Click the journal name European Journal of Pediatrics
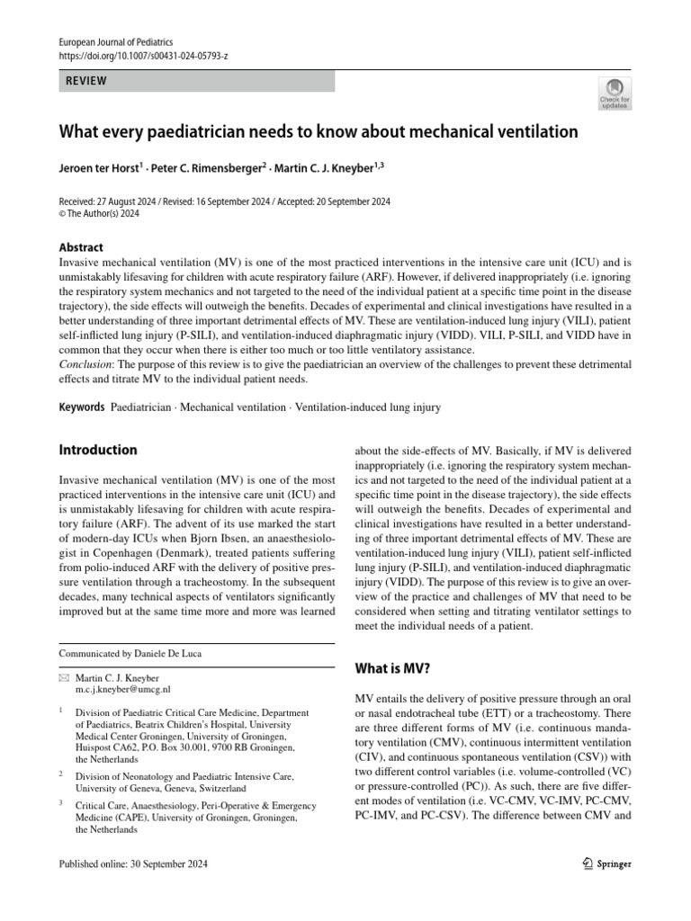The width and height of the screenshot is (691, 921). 115,42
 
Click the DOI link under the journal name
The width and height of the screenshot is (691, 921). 143,56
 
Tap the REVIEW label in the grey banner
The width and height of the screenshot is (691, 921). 86,81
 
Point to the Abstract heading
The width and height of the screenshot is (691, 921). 81,247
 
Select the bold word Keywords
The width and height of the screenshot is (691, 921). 82,407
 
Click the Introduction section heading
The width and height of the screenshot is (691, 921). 98,450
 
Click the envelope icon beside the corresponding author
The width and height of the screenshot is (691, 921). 63,675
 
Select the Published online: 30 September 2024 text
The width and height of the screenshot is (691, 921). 133,864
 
